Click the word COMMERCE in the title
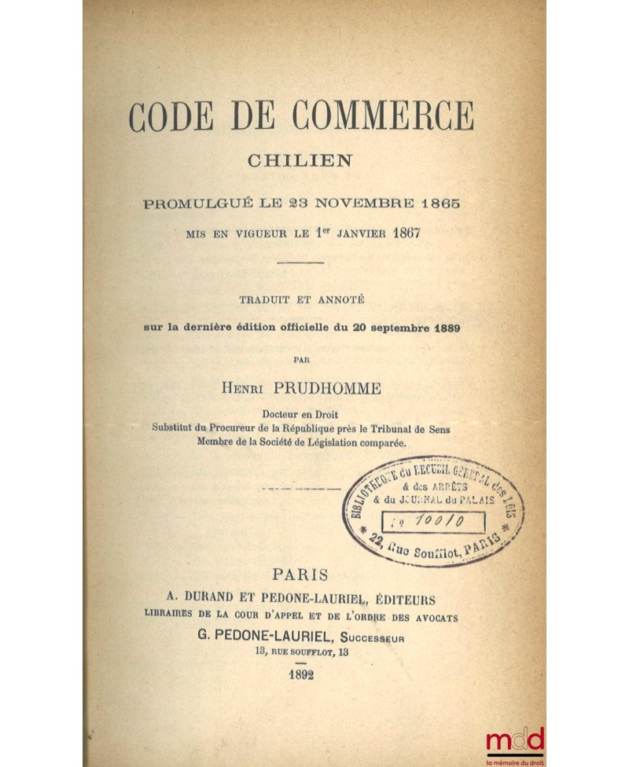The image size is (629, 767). [383, 117]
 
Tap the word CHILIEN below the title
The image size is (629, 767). [300, 160]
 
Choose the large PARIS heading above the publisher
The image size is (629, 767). [302, 576]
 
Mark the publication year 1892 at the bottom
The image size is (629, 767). [301, 676]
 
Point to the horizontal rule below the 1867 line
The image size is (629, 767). [301, 262]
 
